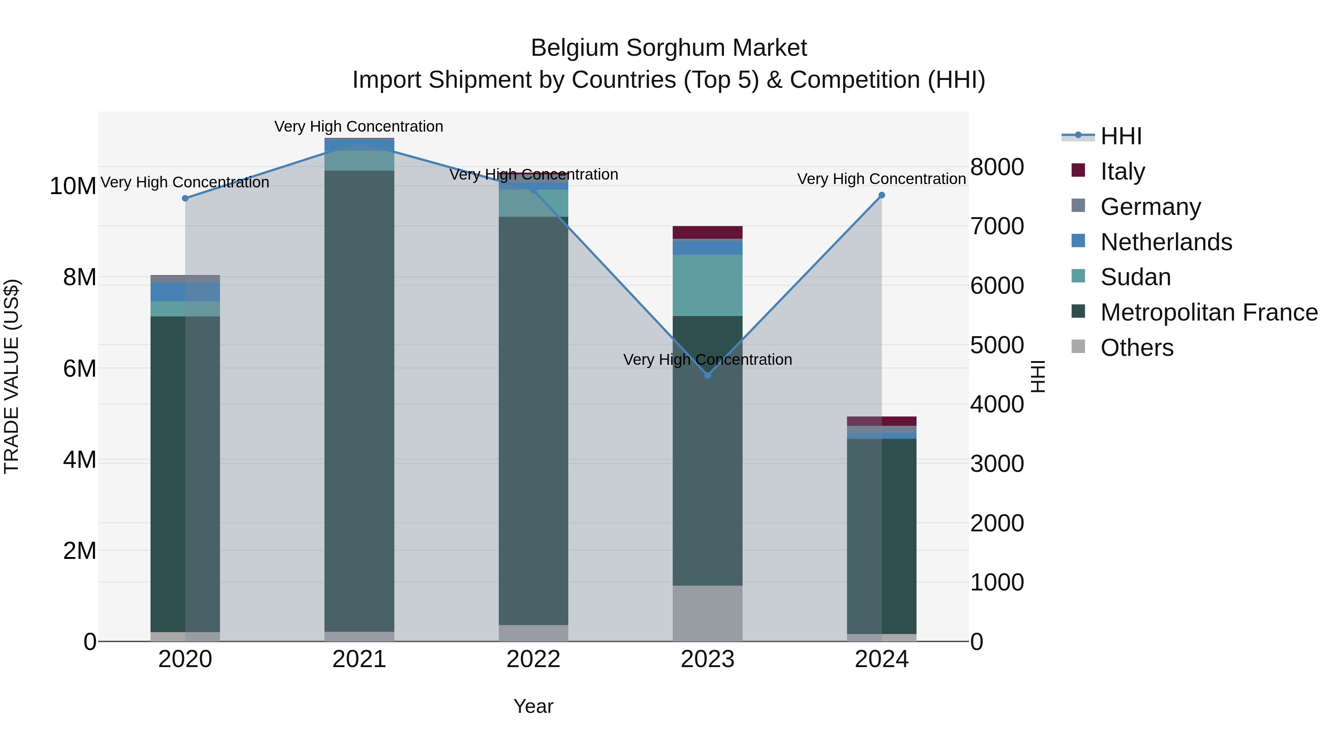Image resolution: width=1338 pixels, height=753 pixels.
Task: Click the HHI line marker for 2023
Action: pos(707,375)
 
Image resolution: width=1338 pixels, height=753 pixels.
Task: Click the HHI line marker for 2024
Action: pos(882,195)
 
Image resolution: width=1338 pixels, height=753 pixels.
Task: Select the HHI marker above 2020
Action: pos(185,199)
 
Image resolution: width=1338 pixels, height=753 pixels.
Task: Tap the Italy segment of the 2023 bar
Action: pos(707,232)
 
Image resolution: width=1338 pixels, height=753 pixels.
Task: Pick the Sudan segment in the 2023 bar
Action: pos(707,285)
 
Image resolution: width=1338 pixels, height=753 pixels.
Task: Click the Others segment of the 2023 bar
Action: pos(707,613)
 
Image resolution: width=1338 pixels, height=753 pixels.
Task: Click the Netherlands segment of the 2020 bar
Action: pos(185,292)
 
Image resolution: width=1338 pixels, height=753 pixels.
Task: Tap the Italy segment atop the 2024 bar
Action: pos(882,421)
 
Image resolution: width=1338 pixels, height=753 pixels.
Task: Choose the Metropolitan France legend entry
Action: pos(1209,312)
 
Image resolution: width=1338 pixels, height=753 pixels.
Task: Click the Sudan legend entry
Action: pos(1135,277)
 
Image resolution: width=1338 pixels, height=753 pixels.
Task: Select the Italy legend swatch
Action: pos(1078,170)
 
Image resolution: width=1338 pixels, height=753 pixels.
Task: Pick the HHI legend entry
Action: pos(1121,136)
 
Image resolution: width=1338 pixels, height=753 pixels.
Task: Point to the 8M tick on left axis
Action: pos(80,277)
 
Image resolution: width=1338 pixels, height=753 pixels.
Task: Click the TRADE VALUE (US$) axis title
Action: pos(12,376)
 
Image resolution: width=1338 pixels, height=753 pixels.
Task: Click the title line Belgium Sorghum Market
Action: pos(669,48)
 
